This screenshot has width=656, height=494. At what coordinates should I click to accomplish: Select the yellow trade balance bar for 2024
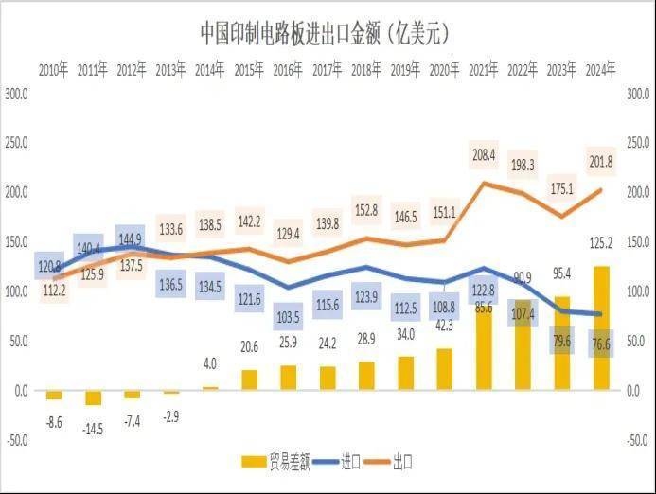(x=602, y=327)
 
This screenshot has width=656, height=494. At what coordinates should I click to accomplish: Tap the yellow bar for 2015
(x=249, y=379)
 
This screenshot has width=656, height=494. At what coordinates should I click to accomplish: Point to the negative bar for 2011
(x=93, y=397)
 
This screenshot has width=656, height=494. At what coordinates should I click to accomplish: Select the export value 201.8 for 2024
(x=601, y=162)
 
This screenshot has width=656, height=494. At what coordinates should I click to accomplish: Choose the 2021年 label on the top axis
(x=484, y=69)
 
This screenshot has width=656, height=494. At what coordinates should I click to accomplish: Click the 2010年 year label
(x=54, y=69)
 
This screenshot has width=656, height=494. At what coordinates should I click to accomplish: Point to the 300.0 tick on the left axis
(x=16, y=95)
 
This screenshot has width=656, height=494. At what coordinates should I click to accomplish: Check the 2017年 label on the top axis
(x=328, y=69)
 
